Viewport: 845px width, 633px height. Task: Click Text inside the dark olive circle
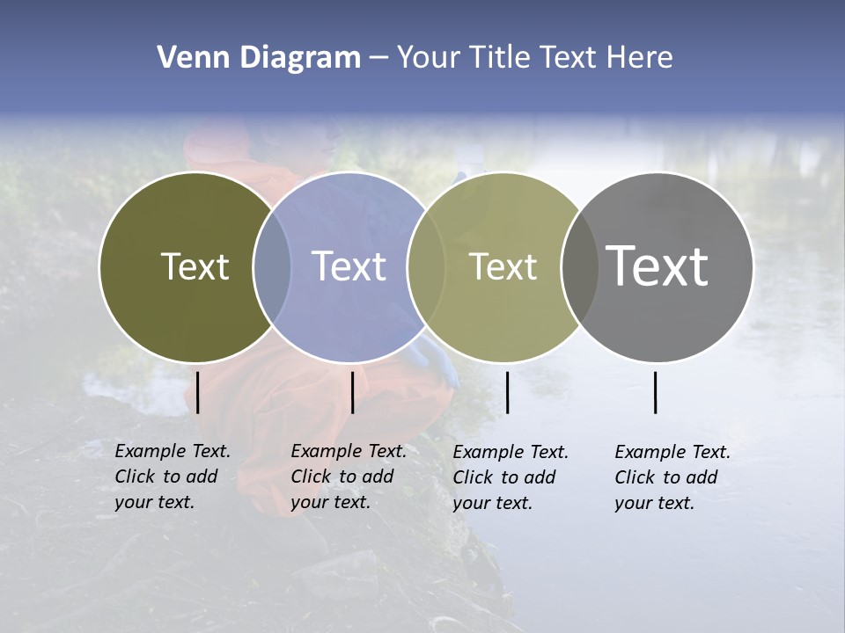pos(195,266)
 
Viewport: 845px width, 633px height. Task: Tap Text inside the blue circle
pos(349,266)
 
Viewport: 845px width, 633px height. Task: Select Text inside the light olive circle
pos(503,266)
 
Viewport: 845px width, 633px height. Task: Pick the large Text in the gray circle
pos(658,266)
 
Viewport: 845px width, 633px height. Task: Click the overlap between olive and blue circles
pos(272,266)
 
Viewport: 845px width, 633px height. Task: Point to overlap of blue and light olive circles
pos(426,266)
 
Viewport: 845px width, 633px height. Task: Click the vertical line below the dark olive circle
pos(198,392)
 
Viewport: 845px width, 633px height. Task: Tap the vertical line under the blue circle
pos(352,392)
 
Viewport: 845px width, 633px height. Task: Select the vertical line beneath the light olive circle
pos(507,392)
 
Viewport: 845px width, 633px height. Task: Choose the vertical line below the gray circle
pos(656,392)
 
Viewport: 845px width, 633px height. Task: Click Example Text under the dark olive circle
pos(173,451)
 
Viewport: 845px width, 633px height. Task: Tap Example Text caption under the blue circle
pos(349,451)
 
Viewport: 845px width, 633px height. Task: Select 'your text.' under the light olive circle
pos(493,503)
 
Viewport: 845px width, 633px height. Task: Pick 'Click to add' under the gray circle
pos(666,477)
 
